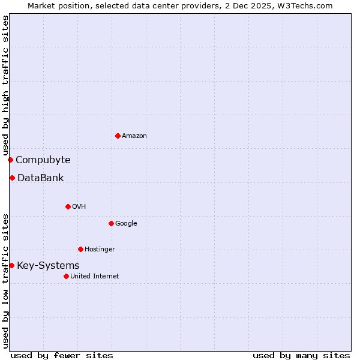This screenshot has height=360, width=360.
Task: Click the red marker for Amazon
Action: (x=118, y=136)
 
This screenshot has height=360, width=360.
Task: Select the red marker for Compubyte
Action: (x=10, y=160)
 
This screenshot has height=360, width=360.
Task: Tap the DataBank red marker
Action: (x=12, y=178)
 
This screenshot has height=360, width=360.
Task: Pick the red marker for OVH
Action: (x=68, y=206)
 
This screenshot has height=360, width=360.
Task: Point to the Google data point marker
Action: (x=111, y=223)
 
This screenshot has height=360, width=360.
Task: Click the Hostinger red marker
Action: (x=80, y=249)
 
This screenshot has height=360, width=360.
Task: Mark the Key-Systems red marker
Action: (x=11, y=265)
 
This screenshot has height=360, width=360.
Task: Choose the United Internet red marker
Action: (x=66, y=276)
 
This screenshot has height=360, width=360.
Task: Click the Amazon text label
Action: (x=134, y=136)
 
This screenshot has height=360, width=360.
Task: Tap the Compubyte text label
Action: (x=43, y=160)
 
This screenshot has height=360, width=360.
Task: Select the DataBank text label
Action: (x=41, y=178)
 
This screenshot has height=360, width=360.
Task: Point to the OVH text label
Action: (x=79, y=207)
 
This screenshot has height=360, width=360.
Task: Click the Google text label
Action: (x=126, y=224)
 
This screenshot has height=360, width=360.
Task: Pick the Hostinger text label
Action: (x=100, y=250)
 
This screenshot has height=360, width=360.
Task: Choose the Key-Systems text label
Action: (x=48, y=265)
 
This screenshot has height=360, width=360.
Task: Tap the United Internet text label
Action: (x=95, y=277)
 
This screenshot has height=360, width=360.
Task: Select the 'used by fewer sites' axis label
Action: (x=62, y=355)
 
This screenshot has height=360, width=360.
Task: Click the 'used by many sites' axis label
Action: (x=301, y=355)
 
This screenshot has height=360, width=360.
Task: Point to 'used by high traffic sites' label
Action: (x=5, y=86)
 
